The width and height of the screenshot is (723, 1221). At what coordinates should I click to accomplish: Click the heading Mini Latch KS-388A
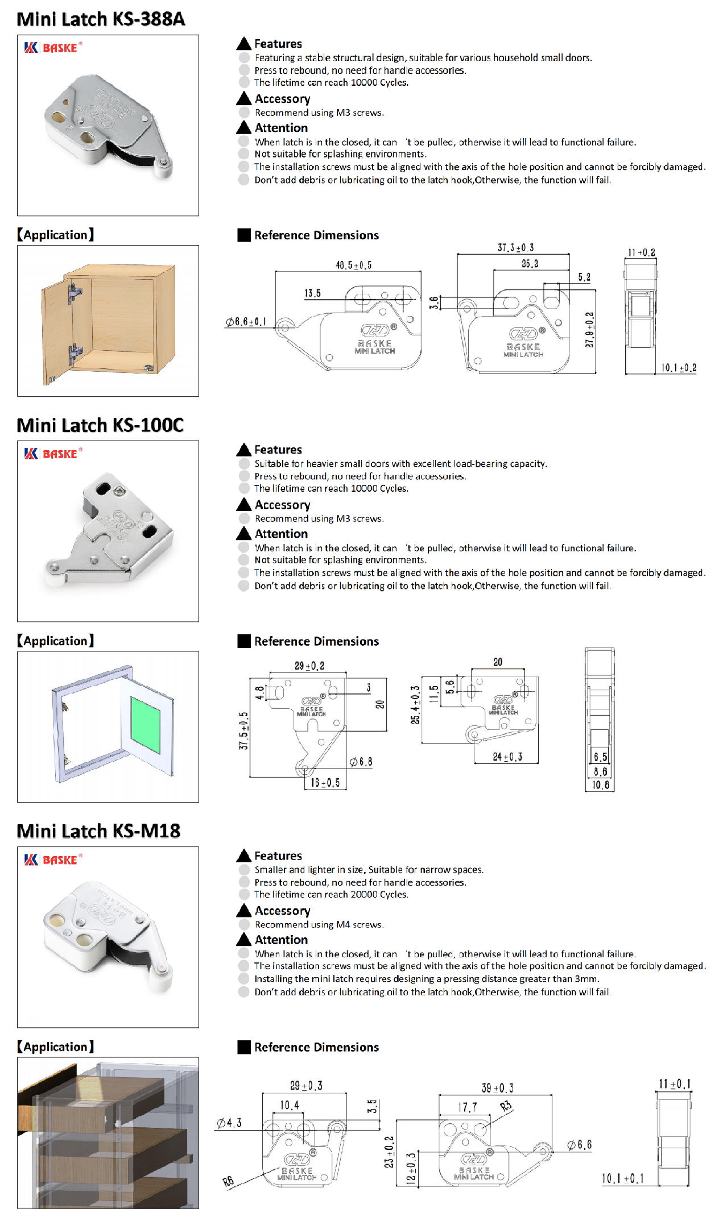point(101,19)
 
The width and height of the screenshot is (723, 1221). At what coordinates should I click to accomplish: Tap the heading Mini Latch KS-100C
point(100,425)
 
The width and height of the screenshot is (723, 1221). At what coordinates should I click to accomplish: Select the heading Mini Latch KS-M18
point(98,830)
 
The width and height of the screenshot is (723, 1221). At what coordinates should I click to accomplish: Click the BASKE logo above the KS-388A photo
point(53,48)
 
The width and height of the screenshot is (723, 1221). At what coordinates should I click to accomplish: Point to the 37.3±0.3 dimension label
point(515,248)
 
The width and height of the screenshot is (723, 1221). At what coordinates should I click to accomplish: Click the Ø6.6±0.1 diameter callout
point(246,322)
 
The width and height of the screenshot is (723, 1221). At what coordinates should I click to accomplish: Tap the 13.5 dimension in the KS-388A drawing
point(312,293)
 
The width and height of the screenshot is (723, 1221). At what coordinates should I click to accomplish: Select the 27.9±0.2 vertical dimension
point(589,330)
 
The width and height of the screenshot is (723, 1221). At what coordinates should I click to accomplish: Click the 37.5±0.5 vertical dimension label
point(243,730)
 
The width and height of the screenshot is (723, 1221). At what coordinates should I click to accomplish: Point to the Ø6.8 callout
point(361,762)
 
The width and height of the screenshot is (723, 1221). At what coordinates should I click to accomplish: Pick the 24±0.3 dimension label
point(507,757)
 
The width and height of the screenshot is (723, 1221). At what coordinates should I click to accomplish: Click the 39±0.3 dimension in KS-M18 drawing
point(497,1088)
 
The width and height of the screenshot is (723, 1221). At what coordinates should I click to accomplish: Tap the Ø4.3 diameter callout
point(229,1123)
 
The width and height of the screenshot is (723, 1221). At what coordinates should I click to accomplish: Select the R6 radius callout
point(228,1182)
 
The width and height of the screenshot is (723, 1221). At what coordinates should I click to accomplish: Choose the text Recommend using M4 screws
point(319,924)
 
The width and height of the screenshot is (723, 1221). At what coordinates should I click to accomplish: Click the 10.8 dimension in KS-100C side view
point(600,785)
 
